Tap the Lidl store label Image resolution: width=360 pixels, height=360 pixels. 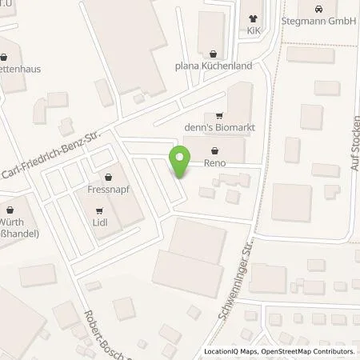click(x=99, y=224)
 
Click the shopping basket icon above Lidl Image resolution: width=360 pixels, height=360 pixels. click(x=99, y=212)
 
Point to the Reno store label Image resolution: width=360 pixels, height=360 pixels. click(x=214, y=163)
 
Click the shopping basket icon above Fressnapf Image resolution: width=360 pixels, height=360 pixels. click(x=106, y=178)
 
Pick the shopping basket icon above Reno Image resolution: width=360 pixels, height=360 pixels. click(x=214, y=150)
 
